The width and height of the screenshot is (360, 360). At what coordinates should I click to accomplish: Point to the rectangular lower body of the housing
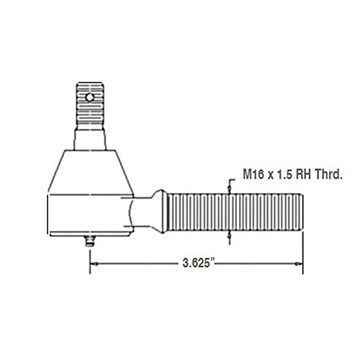[89, 216]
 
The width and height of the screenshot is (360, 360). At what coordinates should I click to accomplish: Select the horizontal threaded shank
[230, 213]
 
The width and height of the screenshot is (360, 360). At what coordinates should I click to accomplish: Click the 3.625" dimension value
[196, 264]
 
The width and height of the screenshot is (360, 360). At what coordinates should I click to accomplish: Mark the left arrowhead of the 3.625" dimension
[95, 264]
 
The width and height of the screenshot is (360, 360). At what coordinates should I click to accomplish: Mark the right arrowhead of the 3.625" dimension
[298, 264]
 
